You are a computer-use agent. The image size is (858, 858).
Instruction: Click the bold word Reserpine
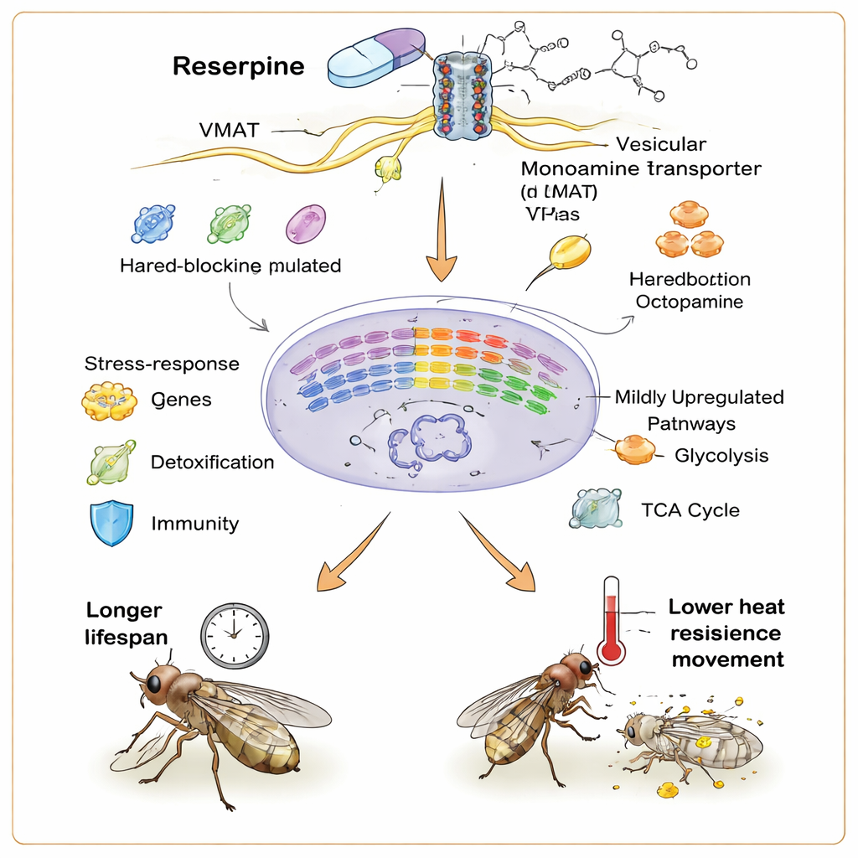click(x=238, y=67)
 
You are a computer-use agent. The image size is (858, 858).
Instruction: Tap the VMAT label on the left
click(x=229, y=130)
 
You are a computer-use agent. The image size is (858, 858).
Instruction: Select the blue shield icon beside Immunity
click(x=111, y=524)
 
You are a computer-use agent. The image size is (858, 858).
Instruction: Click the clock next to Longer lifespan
click(x=235, y=635)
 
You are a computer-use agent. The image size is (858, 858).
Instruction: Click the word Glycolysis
click(x=721, y=456)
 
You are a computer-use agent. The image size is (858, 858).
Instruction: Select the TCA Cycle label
click(x=690, y=509)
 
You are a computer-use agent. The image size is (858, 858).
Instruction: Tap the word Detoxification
click(x=212, y=462)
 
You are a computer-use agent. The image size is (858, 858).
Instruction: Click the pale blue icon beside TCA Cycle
click(x=596, y=509)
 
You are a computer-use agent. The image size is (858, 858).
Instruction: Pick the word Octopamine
click(x=690, y=302)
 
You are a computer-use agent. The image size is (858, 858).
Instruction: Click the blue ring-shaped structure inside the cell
click(x=429, y=436)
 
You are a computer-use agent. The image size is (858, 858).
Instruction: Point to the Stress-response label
click(x=162, y=364)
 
